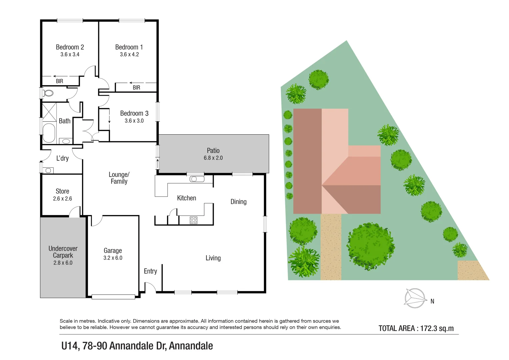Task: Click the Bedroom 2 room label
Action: pyautogui.click(x=70, y=47)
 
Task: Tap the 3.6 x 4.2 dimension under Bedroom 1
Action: pyautogui.click(x=129, y=55)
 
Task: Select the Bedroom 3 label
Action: pyautogui.click(x=134, y=114)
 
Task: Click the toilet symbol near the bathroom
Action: pyautogui.click(x=48, y=93)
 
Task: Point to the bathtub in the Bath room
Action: pyautogui.click(x=49, y=133)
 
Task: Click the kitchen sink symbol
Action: pyautogui.click(x=197, y=179)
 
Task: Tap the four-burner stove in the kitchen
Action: pyautogui.click(x=193, y=220)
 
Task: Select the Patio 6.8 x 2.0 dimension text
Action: pyautogui.click(x=213, y=158)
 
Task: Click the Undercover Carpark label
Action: pyautogui.click(x=63, y=252)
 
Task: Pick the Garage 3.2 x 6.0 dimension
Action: pyautogui.click(x=113, y=258)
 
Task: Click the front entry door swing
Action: pyautogui.click(x=150, y=287)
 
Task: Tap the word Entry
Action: pyautogui.click(x=150, y=271)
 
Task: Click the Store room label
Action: pyautogui.click(x=62, y=191)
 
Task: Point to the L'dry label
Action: pyautogui.click(x=62, y=158)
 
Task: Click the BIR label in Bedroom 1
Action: pyautogui.click(x=136, y=88)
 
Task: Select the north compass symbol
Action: pyautogui.click(x=415, y=298)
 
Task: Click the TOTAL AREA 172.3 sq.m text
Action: pyautogui.click(x=416, y=328)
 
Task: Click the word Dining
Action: pyautogui.click(x=238, y=202)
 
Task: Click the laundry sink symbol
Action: pyautogui.click(x=48, y=171)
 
